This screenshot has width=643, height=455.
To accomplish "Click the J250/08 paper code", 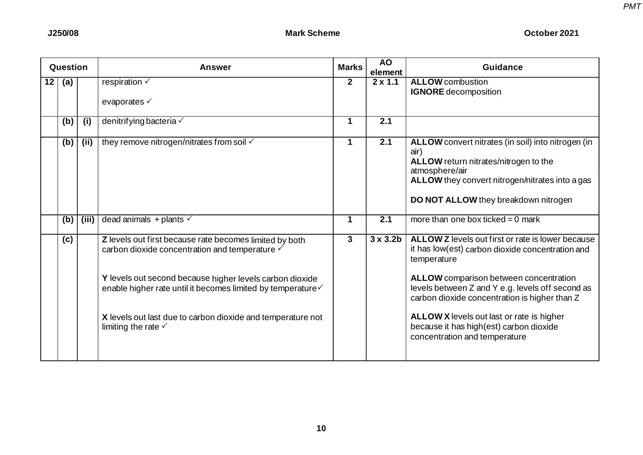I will [63, 33].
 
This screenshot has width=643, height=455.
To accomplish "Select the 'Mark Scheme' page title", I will [312, 33].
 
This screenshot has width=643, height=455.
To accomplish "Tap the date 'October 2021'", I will [551, 33].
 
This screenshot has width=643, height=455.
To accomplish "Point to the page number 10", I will [321, 428].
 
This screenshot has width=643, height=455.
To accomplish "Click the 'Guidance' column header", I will [502, 68].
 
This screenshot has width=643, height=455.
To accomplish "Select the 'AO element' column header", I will [386, 68].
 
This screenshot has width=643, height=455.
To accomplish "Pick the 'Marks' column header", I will [349, 68].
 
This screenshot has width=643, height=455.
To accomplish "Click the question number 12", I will [49, 82].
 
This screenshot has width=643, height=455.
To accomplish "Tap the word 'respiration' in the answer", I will [122, 82].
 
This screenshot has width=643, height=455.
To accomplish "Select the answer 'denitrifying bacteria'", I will [139, 121].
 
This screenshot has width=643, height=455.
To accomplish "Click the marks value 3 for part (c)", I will [349, 240].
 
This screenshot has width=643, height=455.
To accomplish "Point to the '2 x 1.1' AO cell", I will [386, 82].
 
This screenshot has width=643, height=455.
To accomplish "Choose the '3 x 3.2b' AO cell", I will [386, 240].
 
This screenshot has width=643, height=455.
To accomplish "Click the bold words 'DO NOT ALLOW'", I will [443, 200].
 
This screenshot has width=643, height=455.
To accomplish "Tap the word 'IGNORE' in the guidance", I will [427, 92].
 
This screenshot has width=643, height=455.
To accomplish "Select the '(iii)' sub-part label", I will [87, 219].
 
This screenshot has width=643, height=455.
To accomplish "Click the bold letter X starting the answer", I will [104, 317].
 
